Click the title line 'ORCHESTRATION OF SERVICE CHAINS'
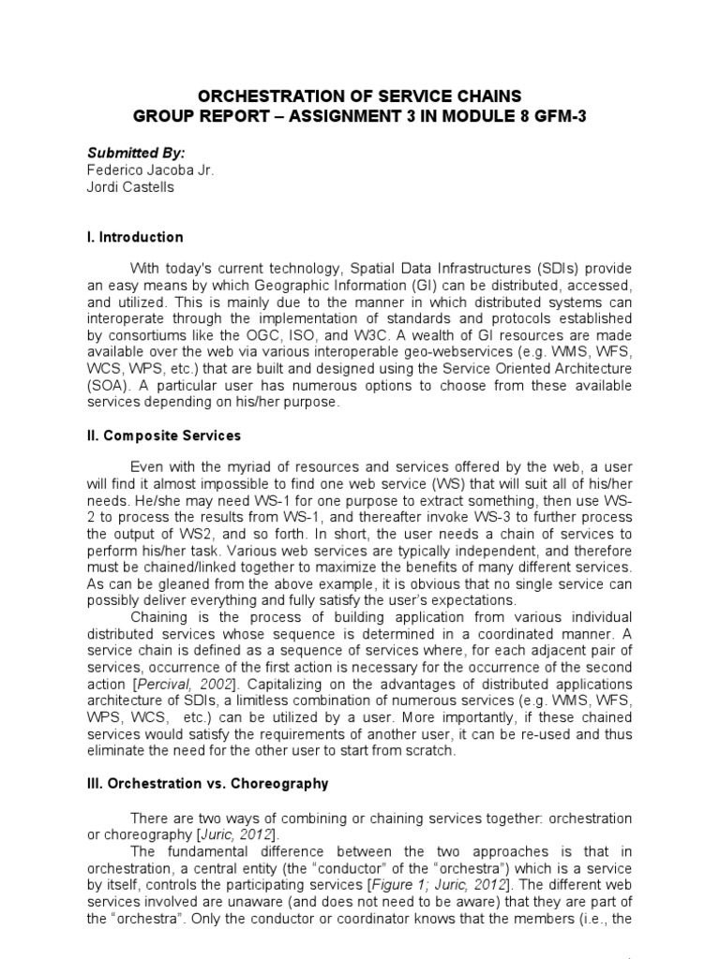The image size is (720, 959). click(359, 96)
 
